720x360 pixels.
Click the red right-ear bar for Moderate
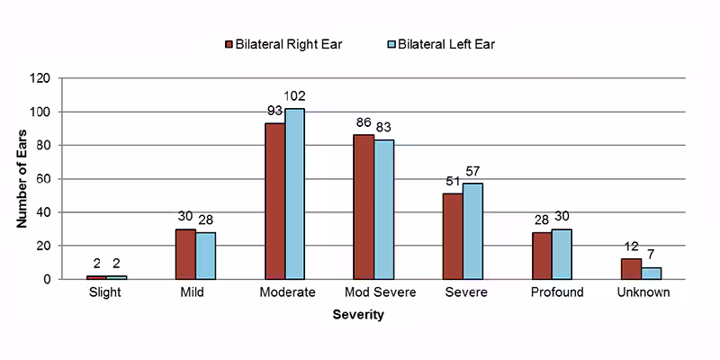coord(274,201)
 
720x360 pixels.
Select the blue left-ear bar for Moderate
coord(295,193)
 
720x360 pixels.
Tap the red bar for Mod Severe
coord(364,207)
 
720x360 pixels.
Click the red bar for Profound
coord(542,256)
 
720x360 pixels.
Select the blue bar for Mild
coord(206,256)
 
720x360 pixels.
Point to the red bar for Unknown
coord(631,269)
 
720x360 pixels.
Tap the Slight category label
coord(107,292)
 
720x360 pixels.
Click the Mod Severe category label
coord(374,292)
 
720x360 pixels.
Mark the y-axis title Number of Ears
coord(22,178)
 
